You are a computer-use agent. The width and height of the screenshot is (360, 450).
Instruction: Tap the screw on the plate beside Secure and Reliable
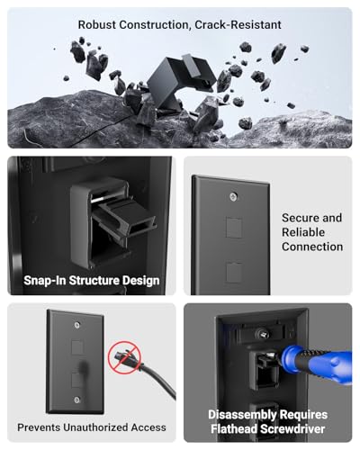(233, 197)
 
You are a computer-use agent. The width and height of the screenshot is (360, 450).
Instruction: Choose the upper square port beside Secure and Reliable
(234, 228)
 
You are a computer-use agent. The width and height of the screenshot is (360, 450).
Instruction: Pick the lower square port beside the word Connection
(234, 272)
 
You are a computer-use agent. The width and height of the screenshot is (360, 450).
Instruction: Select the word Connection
(312, 247)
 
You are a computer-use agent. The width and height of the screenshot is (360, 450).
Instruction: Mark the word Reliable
(303, 232)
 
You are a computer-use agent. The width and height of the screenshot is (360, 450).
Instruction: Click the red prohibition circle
(124, 357)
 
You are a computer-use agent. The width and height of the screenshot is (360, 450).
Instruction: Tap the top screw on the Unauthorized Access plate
(77, 325)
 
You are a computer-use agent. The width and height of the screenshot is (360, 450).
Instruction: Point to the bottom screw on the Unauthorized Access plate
(77, 400)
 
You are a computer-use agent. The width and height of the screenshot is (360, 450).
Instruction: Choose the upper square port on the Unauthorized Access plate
(77, 346)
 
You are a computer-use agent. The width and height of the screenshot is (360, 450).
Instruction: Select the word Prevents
(39, 427)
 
